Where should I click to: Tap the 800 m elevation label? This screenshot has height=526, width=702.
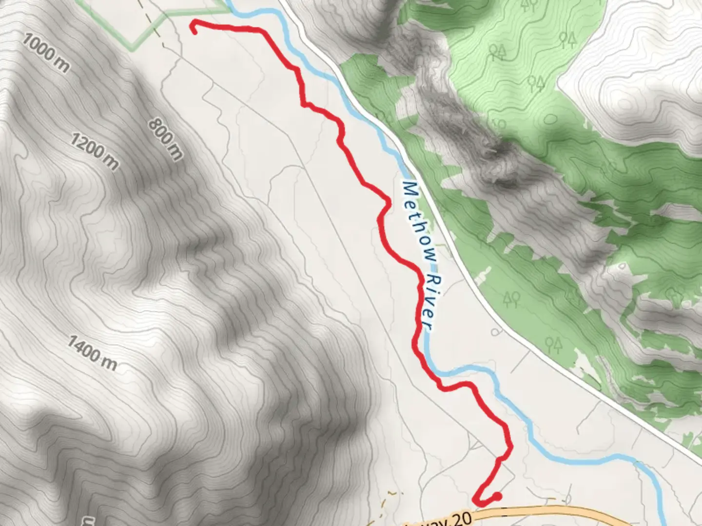coord(166,139)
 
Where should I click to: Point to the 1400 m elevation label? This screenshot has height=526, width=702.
coord(92,353)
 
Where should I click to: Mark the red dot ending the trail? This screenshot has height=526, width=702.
coord(496,496)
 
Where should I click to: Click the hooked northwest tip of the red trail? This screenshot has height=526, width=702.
coord(195,31)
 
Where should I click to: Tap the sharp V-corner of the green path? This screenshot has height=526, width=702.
coord(132,49)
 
